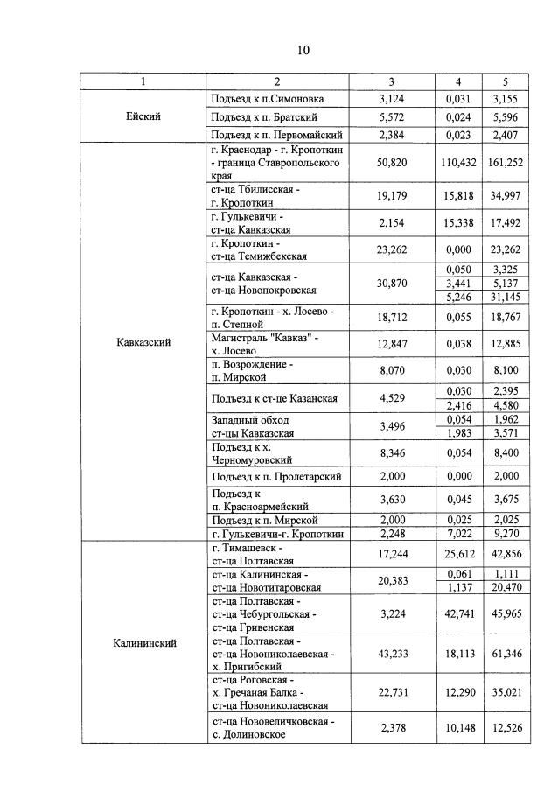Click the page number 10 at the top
303,50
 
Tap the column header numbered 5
505,81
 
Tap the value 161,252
505,162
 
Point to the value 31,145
505,298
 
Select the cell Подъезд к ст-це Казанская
275,398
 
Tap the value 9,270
505,534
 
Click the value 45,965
505,613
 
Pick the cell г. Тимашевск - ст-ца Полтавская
254,554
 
